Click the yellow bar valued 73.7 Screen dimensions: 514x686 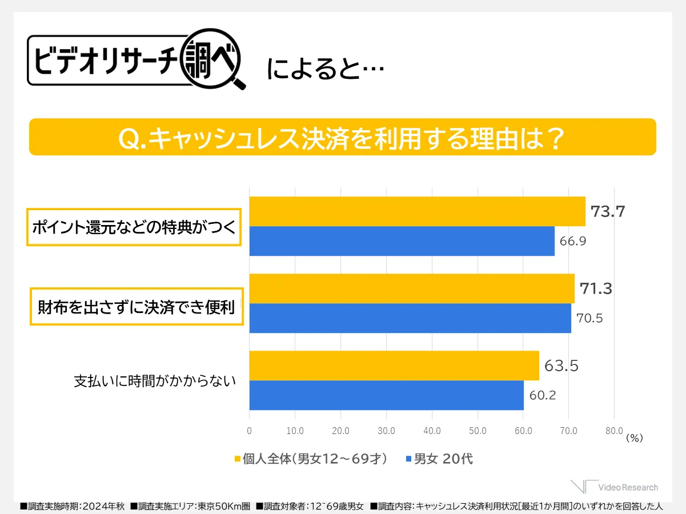417,211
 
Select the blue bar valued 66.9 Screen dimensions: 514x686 402,241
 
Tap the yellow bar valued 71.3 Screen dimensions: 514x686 412,288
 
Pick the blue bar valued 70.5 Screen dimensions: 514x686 410,318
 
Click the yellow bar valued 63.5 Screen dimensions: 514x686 394,366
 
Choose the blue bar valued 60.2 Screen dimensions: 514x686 386,395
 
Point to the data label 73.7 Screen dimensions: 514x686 608,212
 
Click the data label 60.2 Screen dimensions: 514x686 543,395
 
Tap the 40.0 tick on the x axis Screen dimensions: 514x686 432,431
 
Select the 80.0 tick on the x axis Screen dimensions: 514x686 614,431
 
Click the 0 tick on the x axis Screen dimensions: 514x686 250,431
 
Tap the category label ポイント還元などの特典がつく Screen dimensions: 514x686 134,227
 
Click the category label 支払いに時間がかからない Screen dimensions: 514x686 155,381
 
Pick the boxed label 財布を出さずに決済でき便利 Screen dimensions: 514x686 137,307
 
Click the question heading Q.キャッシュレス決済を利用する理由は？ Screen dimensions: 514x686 342,137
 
